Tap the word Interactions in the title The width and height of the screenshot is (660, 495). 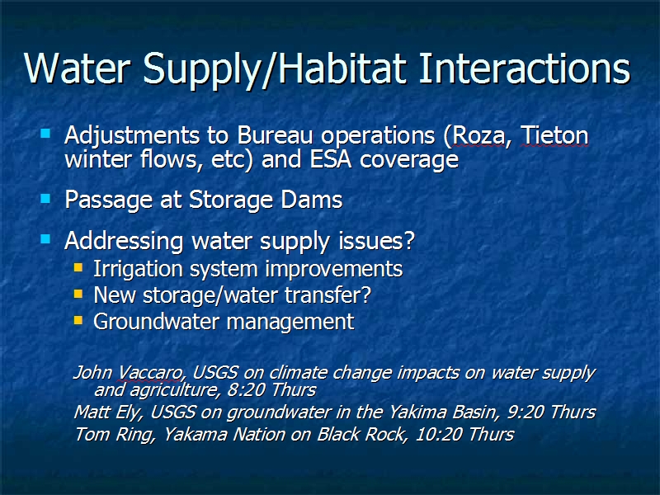pyautogui.click(x=525, y=68)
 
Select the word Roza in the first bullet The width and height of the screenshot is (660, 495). pyautogui.click(x=478, y=135)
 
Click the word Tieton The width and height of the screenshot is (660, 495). pyautogui.click(x=554, y=135)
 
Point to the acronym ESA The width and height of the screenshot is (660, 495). pyautogui.click(x=331, y=159)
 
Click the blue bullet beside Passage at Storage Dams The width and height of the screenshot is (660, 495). pyautogui.click(x=45, y=198)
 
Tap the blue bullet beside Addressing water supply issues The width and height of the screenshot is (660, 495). pyautogui.click(x=45, y=239)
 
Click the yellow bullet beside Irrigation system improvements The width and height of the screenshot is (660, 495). pyautogui.click(x=78, y=267)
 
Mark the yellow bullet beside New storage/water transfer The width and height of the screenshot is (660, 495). pyautogui.click(x=78, y=294)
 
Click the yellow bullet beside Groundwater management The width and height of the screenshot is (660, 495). pyautogui.click(x=78, y=320)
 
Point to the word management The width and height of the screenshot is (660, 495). pyautogui.click(x=290, y=322)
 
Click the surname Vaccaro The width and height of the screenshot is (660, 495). pyautogui.click(x=150, y=373)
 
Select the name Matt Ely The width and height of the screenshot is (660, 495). pyautogui.click(x=106, y=412)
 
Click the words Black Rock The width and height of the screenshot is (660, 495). pyautogui.click(x=360, y=434)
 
